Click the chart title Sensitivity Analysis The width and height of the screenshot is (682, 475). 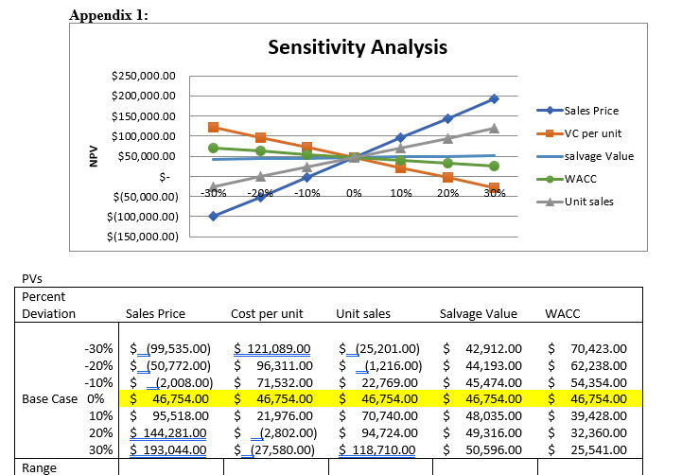tap(358, 47)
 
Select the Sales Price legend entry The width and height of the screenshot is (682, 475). tap(590, 111)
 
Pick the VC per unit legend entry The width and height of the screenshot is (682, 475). tap(592, 133)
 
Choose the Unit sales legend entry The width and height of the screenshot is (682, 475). tap(588, 202)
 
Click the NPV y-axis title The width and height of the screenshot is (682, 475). tap(92, 156)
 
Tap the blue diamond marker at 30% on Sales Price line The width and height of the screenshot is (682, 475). tap(494, 98)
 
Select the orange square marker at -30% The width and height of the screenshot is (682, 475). tap(213, 127)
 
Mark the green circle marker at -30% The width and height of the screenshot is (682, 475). tap(213, 148)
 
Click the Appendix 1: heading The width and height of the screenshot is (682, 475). tap(109, 13)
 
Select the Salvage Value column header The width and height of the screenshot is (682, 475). tap(479, 313)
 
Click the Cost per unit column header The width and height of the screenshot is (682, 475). tap(267, 313)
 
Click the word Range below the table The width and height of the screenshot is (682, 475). tap(39, 467)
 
